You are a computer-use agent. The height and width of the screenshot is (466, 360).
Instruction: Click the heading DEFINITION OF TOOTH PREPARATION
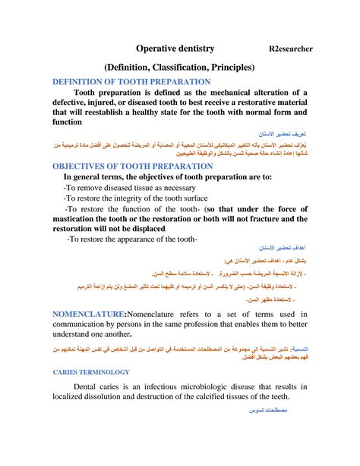click(x=131, y=81)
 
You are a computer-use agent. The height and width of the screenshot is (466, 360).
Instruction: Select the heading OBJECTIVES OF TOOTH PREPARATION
click(x=131, y=166)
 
